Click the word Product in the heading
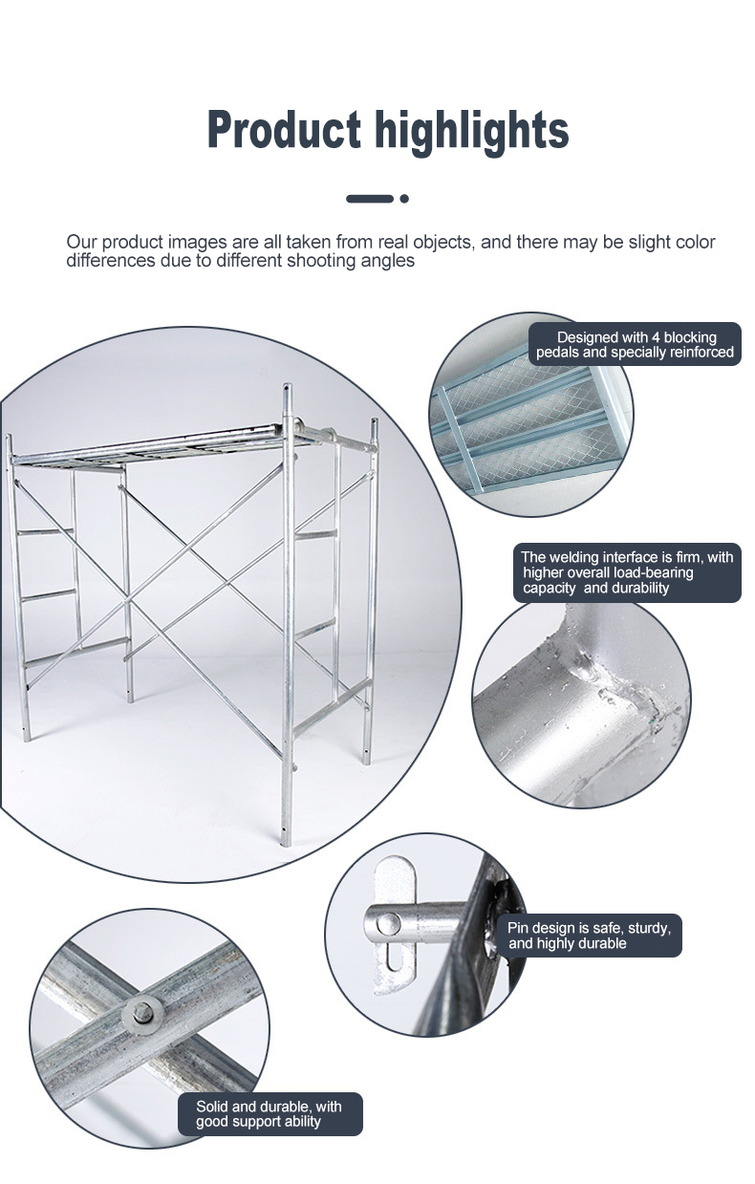tap(285, 129)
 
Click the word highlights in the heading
tap(472, 132)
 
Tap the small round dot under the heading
tap(404, 199)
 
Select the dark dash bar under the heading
tap(370, 199)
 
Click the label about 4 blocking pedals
tap(635, 344)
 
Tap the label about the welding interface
tap(628, 572)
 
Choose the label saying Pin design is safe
tap(590, 935)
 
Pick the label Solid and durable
tap(270, 1113)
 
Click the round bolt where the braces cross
tap(143, 1013)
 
